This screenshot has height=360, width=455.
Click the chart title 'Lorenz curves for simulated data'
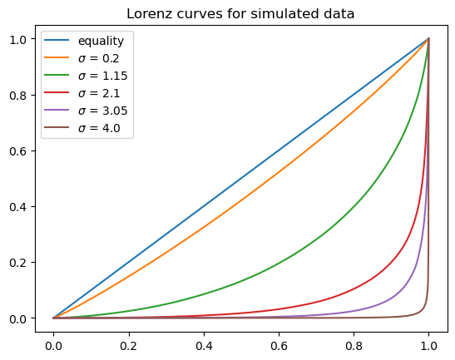(x=240, y=13)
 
